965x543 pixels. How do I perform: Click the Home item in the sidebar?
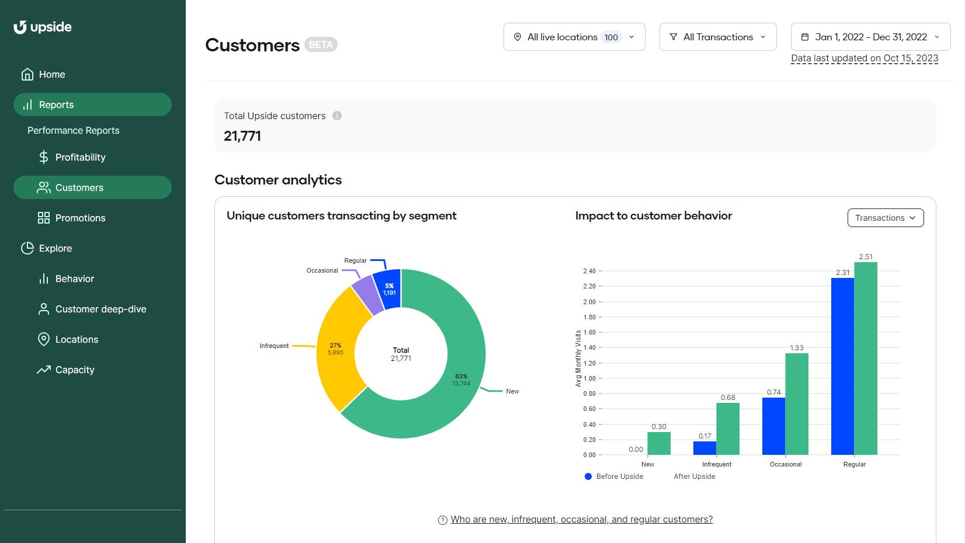(51, 74)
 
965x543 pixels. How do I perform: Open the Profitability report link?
(80, 157)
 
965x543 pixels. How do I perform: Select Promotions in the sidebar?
(80, 218)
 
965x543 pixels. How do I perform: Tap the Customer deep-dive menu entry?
(100, 309)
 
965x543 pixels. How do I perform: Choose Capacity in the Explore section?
(74, 370)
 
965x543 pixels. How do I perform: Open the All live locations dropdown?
(574, 37)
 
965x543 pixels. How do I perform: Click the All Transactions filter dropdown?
(718, 37)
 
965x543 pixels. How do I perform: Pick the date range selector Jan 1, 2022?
(870, 37)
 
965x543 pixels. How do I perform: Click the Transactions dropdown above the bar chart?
(886, 218)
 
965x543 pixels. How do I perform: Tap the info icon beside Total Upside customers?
(337, 116)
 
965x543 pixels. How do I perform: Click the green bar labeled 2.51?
(866, 358)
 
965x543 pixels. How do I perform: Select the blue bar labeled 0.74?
(773, 426)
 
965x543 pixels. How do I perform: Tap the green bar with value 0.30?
(659, 443)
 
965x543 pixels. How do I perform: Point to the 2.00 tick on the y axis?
(589, 302)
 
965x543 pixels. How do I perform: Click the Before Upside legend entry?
(614, 476)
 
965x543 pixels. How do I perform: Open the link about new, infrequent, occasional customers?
(581, 520)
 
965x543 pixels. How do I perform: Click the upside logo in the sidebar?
(43, 27)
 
